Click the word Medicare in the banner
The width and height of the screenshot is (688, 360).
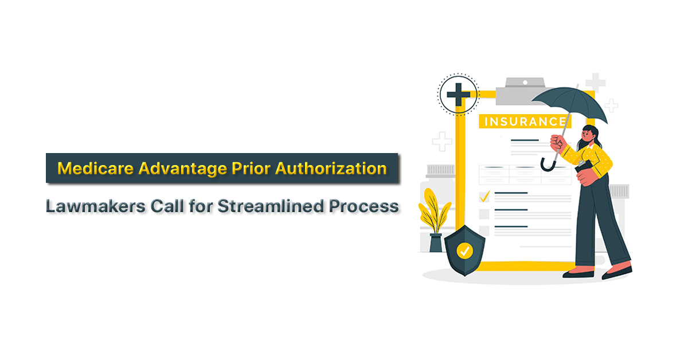coord(96,169)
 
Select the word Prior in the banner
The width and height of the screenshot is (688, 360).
coord(251,169)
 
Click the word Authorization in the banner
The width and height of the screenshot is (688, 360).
coord(331,169)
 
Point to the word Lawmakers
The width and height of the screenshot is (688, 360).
coord(96,206)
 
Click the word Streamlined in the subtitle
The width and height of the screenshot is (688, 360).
coord(271,206)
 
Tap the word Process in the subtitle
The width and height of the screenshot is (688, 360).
coord(364,206)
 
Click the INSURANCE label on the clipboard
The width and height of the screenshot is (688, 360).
coord(525,122)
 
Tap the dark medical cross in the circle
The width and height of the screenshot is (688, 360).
coord(458,95)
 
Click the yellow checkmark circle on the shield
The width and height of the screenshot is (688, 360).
coord(465,251)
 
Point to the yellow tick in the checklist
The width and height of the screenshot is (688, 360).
coord(484,197)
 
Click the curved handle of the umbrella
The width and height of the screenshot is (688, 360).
coord(548,165)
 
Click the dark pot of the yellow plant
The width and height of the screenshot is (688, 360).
coord(436,242)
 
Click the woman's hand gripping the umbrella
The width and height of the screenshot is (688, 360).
coord(558,143)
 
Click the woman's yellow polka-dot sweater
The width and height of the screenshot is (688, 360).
coord(591,160)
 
